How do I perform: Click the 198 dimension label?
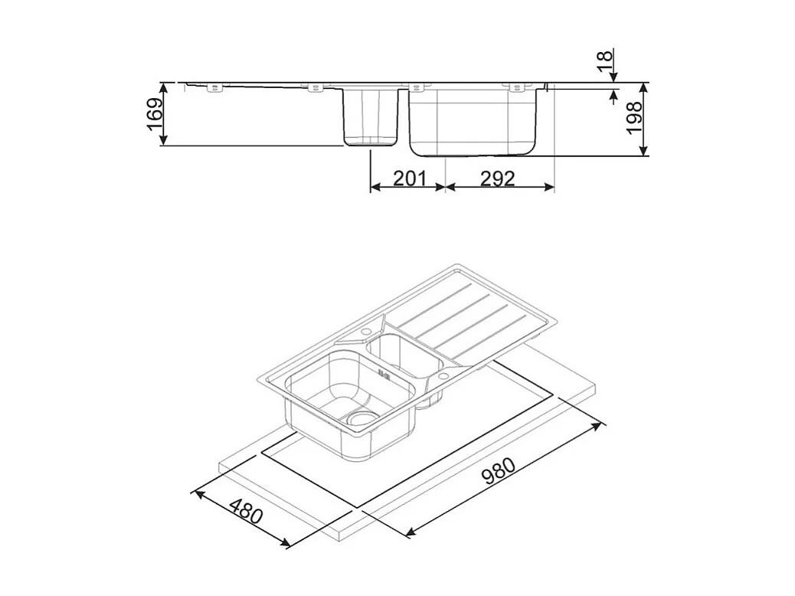coord(634,117)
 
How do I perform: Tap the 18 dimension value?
coord(605,61)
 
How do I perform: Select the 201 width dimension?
coord(409,178)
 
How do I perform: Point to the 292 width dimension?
coord(497,178)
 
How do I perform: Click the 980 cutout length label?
coord(499,472)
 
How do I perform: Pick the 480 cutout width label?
coord(247,511)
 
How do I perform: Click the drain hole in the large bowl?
coord(361,418)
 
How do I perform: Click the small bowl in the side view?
coord(370,117)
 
